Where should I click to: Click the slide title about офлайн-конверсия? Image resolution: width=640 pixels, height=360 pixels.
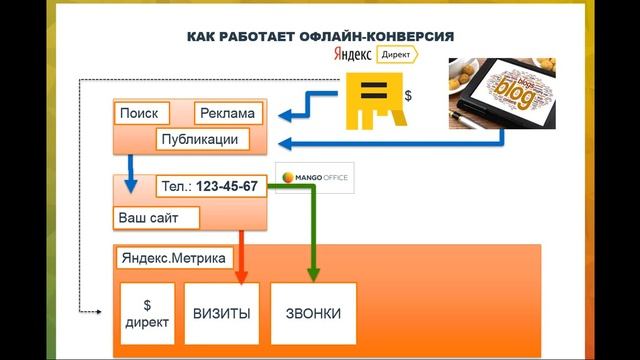pyautogui.click(x=320, y=37)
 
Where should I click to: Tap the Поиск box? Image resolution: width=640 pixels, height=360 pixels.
pyautogui.click(x=139, y=113)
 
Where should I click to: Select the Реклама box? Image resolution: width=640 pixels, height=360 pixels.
pyautogui.click(x=227, y=113)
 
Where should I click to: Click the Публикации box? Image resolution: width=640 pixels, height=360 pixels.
pyautogui.click(x=198, y=139)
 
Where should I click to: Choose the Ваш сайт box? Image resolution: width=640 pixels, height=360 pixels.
pyautogui.click(x=157, y=217)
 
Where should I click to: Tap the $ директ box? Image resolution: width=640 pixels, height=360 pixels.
pyautogui.click(x=147, y=314)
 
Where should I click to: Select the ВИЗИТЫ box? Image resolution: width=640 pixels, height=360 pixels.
pyautogui.click(x=222, y=314)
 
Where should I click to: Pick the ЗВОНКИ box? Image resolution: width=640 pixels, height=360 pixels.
pyautogui.click(x=312, y=314)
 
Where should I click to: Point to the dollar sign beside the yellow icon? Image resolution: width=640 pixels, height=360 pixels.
pyautogui.click(x=407, y=97)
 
